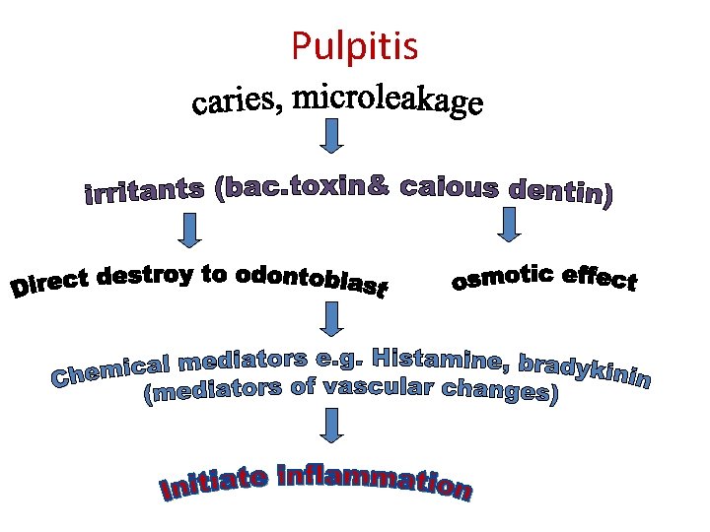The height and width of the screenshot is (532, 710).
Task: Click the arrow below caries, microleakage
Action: point(333,136)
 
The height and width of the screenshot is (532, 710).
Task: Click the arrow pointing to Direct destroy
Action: point(188,230)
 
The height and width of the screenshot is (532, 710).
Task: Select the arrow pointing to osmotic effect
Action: point(509,224)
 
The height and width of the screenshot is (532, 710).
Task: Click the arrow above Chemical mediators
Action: point(333,318)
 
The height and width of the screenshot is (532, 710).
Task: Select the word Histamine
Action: point(434,358)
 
